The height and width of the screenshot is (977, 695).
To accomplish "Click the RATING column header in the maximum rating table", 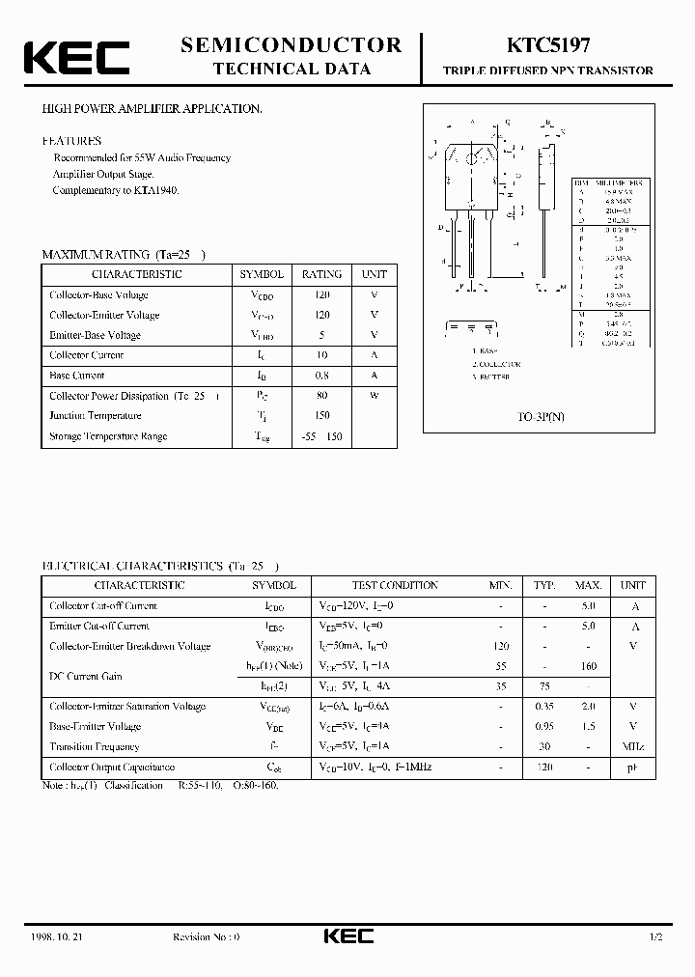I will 321,274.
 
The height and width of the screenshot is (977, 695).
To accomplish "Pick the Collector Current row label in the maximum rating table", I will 87,355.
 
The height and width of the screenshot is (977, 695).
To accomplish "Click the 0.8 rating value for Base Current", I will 321,376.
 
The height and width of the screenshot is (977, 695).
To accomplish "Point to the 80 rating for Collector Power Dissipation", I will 321,396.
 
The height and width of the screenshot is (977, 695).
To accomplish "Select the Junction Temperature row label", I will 96,416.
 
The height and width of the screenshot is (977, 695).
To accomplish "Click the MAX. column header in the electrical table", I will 588,585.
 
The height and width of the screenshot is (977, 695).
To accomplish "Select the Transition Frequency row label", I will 95,746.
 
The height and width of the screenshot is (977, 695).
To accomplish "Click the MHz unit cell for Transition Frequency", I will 633,746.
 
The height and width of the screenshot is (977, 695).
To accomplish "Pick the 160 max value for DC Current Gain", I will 588,666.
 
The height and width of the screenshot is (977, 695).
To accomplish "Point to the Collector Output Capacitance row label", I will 112,767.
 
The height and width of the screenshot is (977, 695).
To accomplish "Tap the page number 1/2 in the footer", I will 655,936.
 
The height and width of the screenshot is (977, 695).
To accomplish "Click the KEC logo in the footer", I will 347,936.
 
